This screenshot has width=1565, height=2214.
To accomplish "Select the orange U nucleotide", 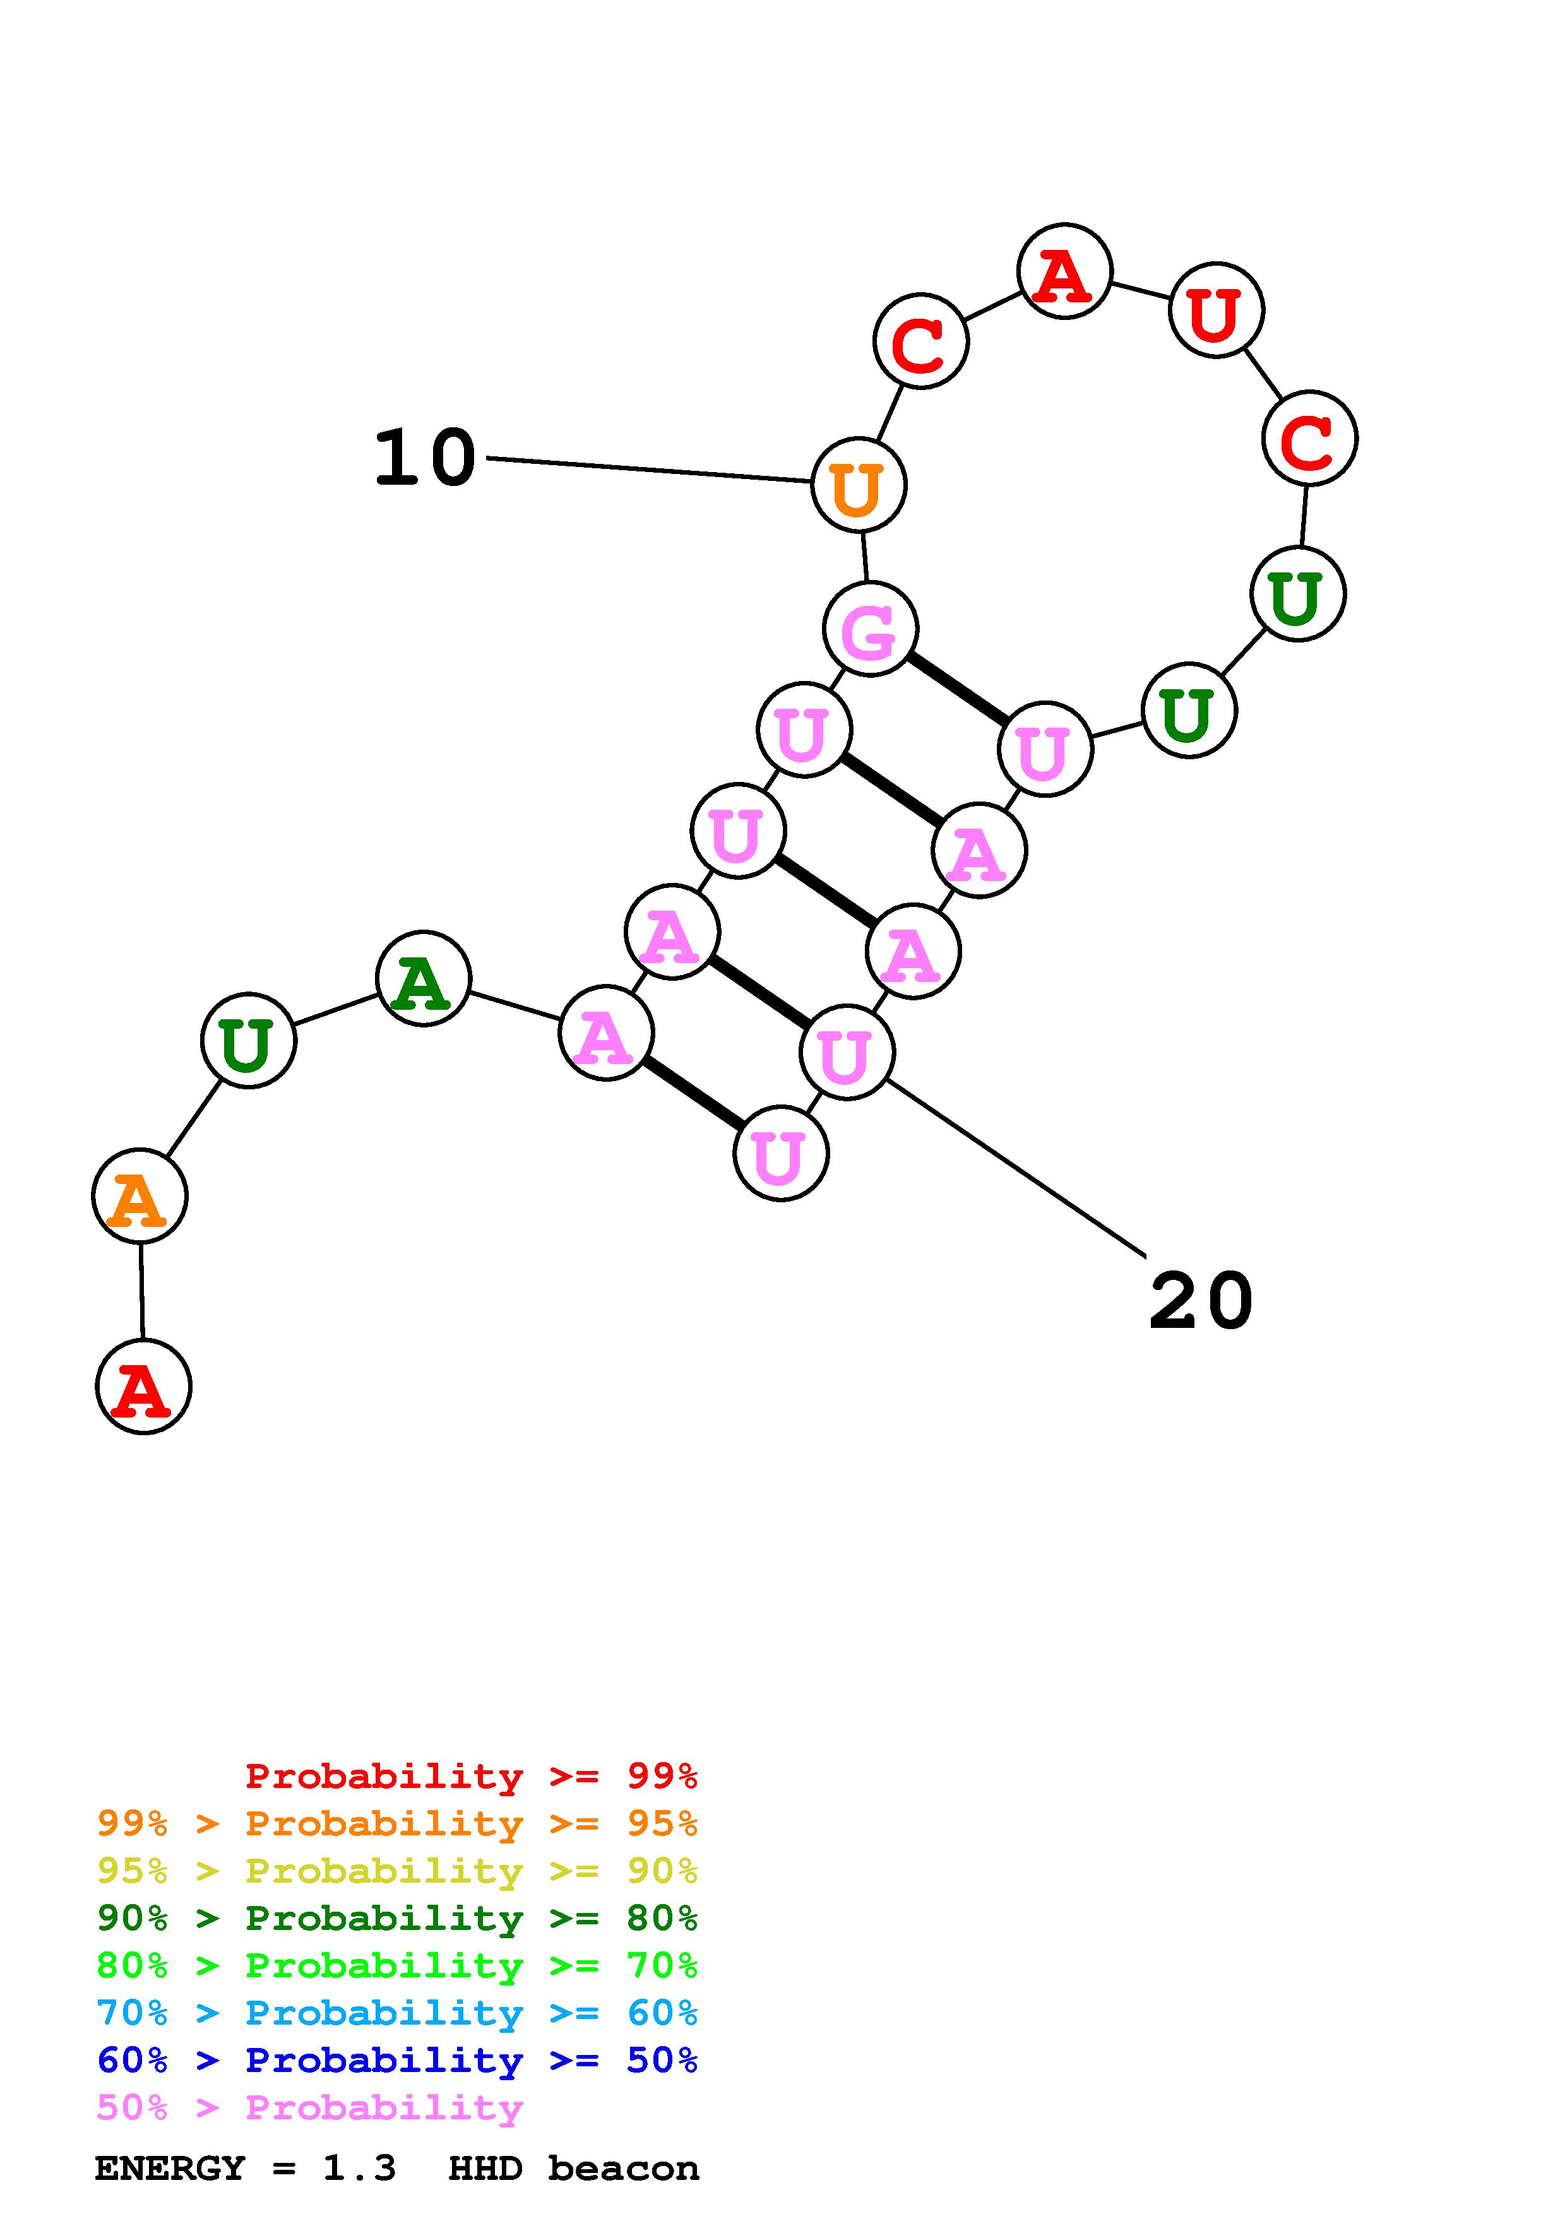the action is [x=858, y=485].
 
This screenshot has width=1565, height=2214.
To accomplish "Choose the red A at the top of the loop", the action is [x=1064, y=272].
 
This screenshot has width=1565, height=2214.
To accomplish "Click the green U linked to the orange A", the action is [x=248, y=1041].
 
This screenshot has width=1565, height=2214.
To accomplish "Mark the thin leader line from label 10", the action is [x=646, y=470].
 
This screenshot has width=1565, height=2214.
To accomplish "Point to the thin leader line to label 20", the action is [x=1013, y=1167].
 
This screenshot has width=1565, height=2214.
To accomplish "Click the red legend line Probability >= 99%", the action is [x=470, y=1775].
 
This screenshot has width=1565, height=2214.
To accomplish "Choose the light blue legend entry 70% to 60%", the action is [x=396, y=2013].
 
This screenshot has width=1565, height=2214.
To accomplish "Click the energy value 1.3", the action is [x=359, y=2169].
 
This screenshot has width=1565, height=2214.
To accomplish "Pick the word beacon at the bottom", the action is [x=623, y=2169].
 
